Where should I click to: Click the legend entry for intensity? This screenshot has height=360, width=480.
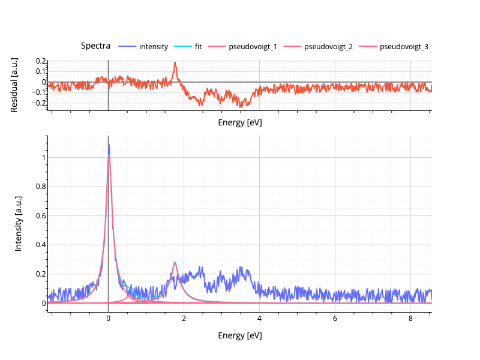click(153, 47)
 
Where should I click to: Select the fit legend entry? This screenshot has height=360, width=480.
click(198, 47)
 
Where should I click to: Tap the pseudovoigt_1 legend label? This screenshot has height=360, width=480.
click(253, 47)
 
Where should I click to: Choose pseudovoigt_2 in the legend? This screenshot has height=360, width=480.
click(328, 47)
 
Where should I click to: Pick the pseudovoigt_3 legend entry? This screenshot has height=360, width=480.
click(404, 47)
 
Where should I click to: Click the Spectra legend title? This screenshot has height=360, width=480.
click(95, 46)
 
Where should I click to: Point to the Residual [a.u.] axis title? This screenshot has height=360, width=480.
click(14, 85)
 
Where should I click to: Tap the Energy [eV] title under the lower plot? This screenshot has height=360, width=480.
click(239, 335)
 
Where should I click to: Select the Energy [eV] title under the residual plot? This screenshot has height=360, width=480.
click(239, 122)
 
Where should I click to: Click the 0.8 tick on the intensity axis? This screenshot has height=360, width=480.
click(38, 187)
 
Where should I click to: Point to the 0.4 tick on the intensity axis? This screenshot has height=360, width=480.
click(38, 245)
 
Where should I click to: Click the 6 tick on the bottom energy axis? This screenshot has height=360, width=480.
click(335, 318)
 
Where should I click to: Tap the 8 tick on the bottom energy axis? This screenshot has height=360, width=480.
click(410, 318)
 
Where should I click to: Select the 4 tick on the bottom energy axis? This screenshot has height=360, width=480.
click(259, 318)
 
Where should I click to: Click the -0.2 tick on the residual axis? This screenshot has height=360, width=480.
click(40, 103)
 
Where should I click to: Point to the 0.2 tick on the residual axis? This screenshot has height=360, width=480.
click(41, 61)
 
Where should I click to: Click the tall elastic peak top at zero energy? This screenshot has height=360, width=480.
click(109, 145)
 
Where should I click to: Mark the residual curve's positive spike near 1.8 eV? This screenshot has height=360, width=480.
click(175, 63)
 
